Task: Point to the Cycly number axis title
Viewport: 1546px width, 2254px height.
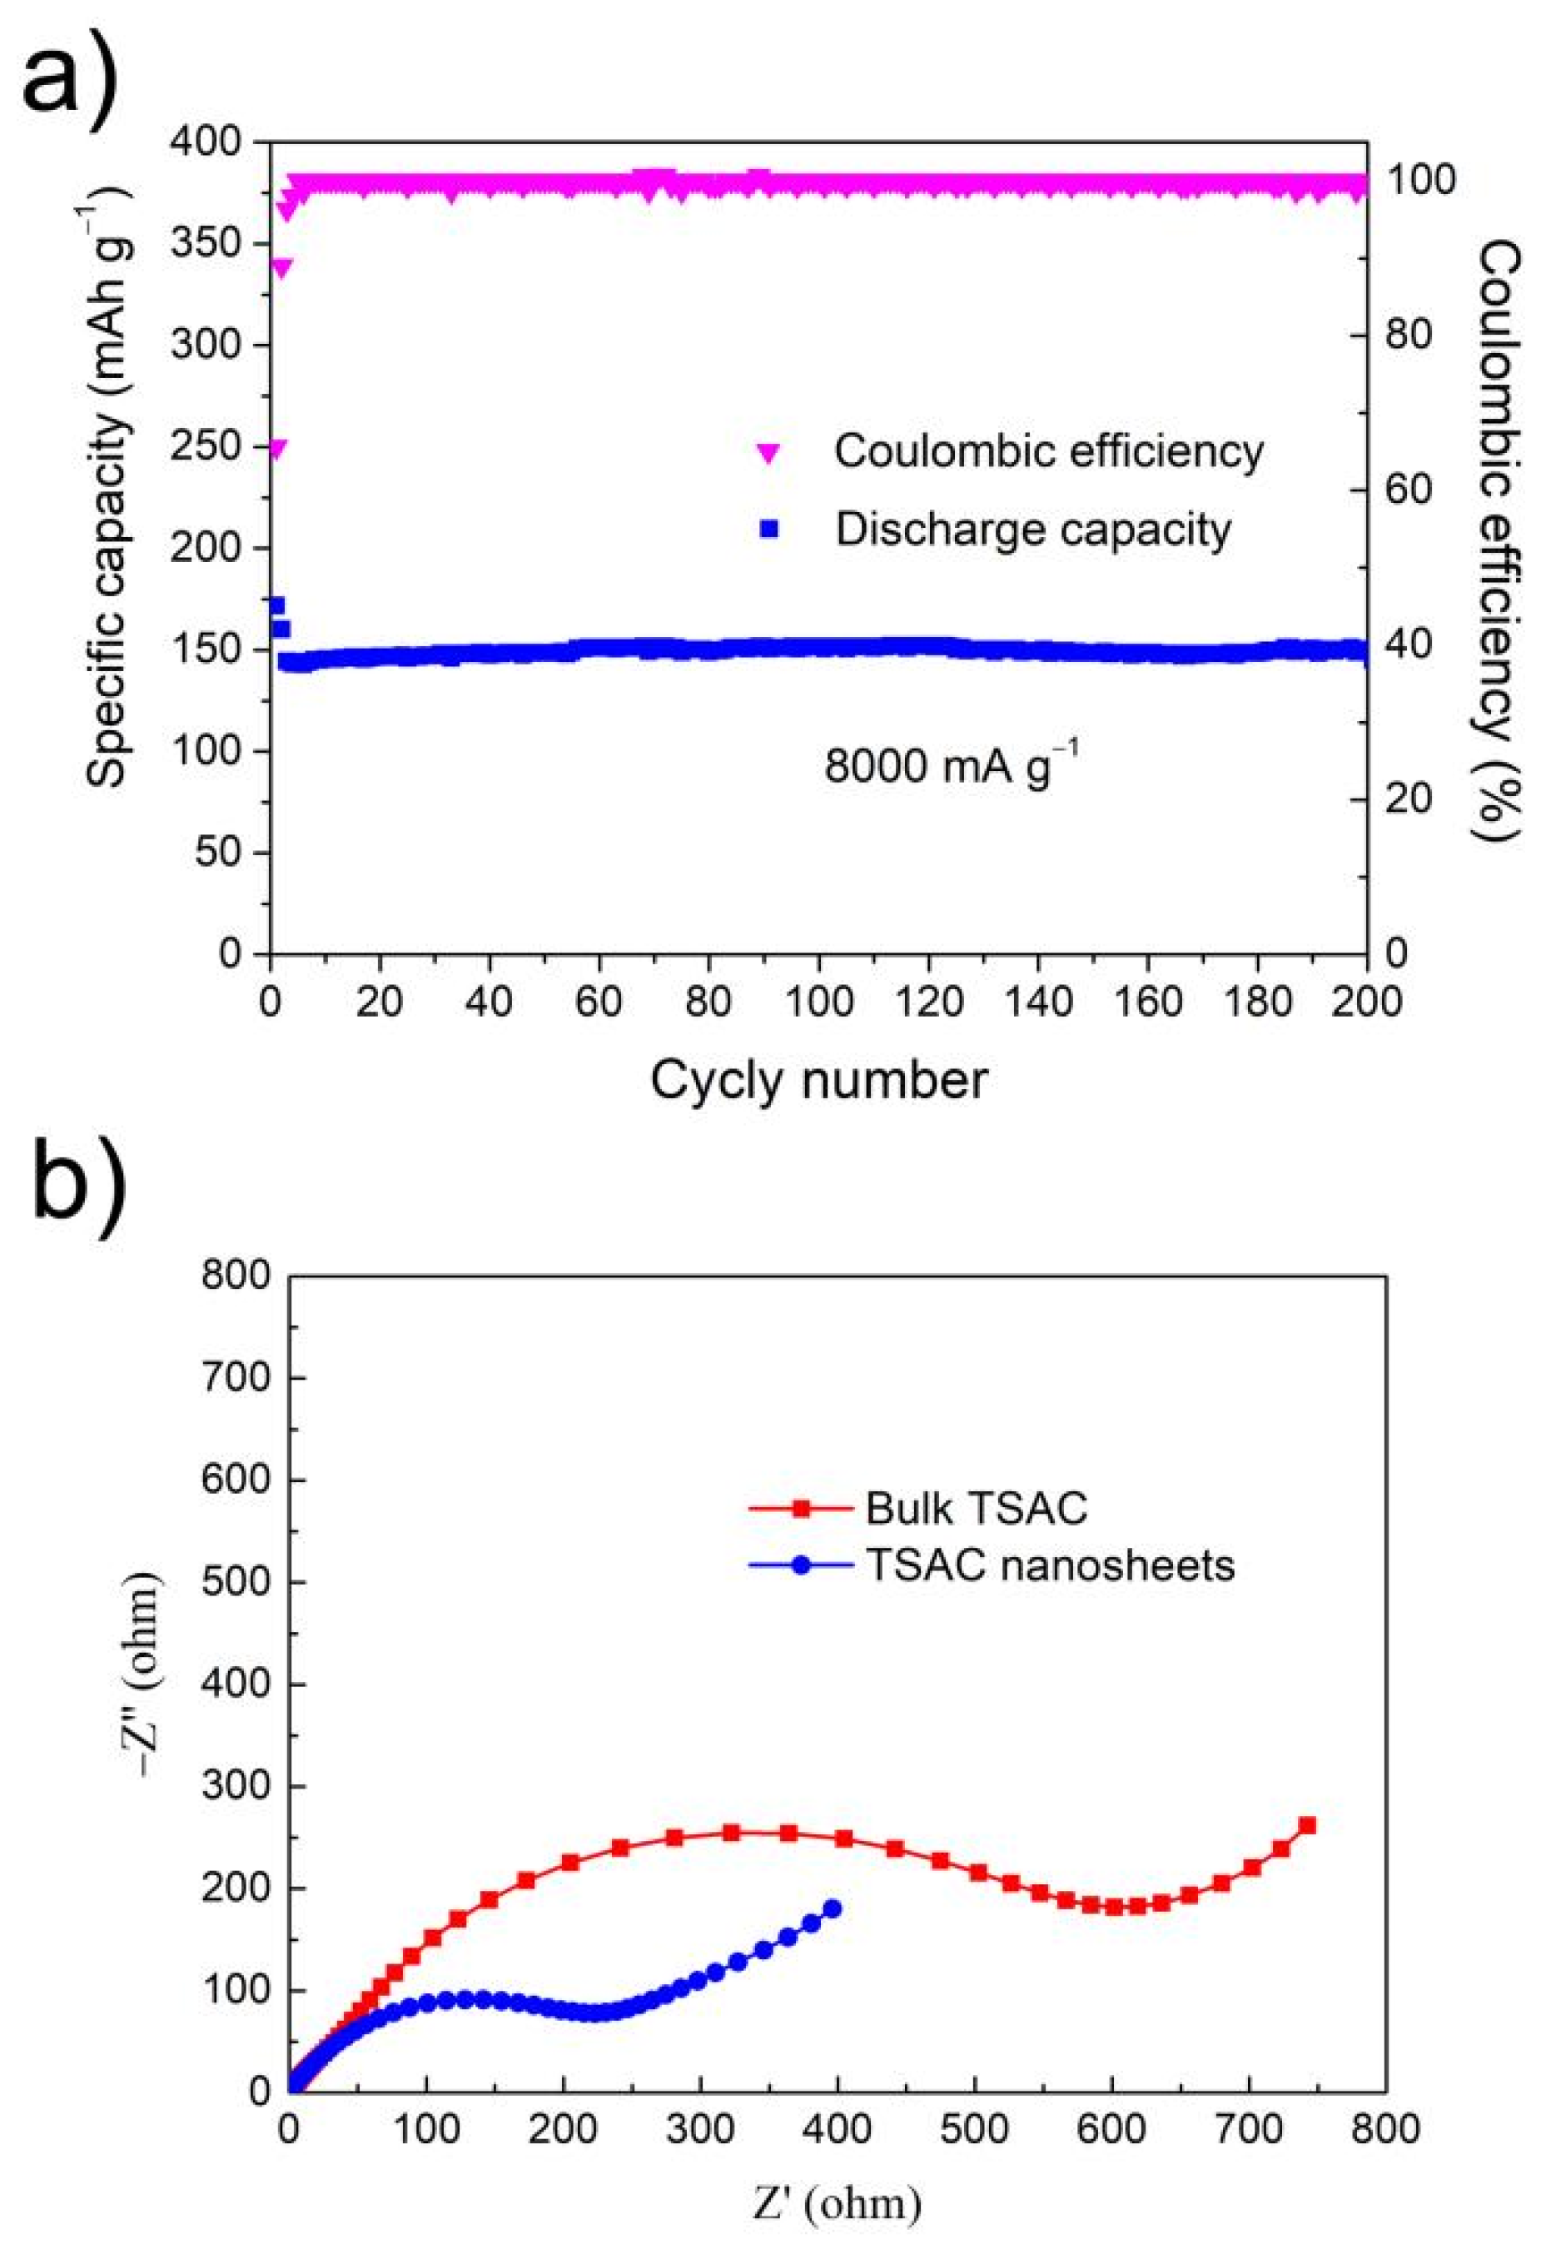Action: (818, 1079)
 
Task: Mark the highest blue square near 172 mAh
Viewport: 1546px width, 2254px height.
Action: (276, 605)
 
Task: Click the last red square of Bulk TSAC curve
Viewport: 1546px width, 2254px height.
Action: (1306, 1825)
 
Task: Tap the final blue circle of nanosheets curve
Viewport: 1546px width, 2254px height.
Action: (831, 1908)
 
